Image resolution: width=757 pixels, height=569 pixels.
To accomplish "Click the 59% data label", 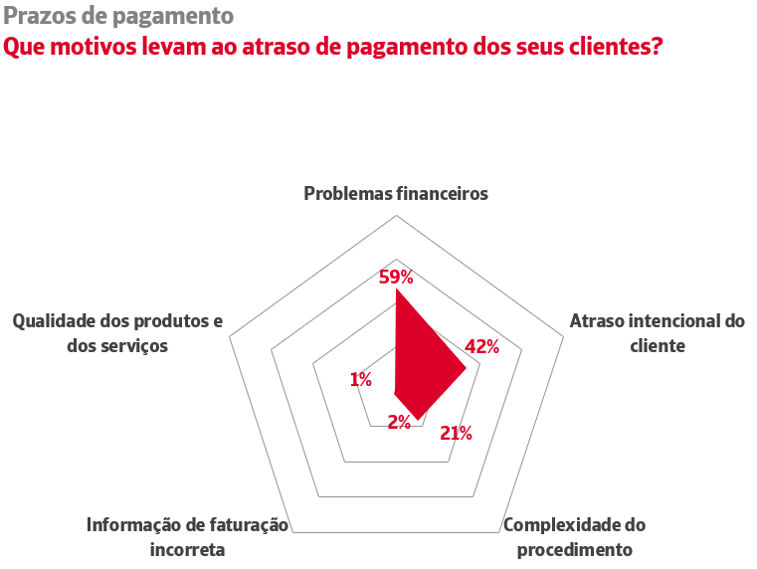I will (x=396, y=277).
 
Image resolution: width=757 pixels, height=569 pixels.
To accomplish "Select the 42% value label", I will (x=481, y=346).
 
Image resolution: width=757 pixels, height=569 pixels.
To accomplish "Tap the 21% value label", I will (x=456, y=433).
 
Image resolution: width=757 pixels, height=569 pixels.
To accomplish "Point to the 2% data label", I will (x=400, y=422).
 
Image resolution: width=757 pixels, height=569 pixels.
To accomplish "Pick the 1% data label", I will (x=361, y=379).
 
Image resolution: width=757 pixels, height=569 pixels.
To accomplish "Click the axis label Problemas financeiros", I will (x=396, y=194).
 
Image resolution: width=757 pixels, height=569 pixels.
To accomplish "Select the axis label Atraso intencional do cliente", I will (x=657, y=333).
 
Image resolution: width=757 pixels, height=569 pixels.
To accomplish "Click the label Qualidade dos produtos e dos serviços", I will (x=117, y=333).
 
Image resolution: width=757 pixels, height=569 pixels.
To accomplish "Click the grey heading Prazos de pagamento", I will (x=119, y=16).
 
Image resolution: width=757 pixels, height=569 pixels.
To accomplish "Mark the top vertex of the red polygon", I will (x=396, y=290).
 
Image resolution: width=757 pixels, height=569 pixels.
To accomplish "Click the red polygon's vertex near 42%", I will (x=466, y=368).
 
